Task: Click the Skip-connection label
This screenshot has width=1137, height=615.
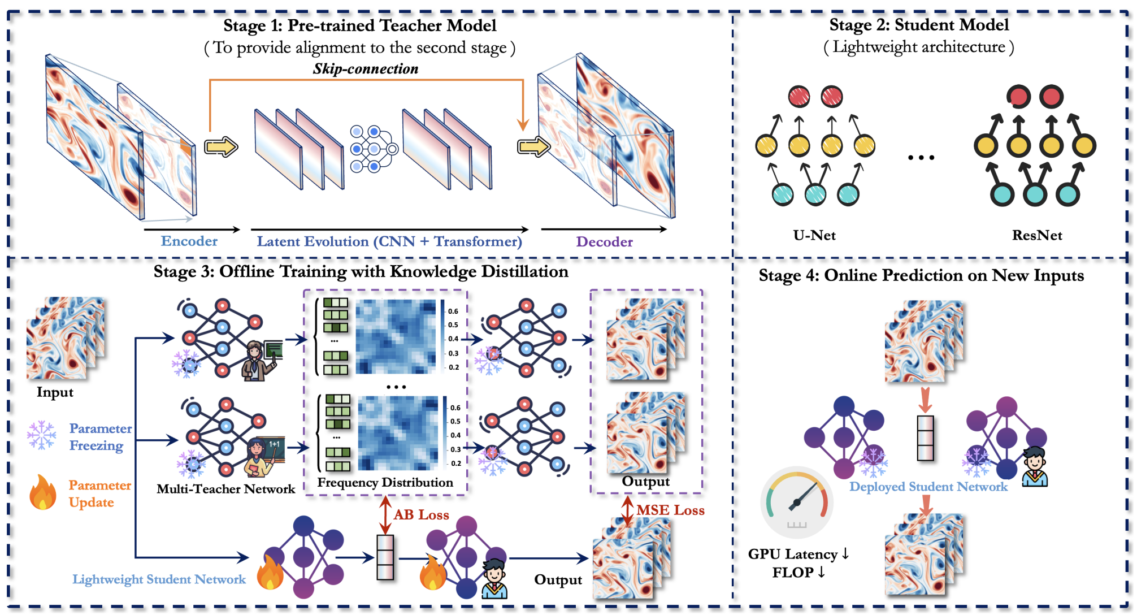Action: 366,69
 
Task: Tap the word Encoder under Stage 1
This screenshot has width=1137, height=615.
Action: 189,241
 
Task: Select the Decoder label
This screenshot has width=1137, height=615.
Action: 604,242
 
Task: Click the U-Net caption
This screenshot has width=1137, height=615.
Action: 814,235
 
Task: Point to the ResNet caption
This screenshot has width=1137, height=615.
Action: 1037,235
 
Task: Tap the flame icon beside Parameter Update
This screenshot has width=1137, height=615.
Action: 43,492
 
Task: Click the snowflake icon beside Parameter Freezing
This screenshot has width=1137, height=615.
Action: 42,435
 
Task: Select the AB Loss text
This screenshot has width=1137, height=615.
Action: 422,515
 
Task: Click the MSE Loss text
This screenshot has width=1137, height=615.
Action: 671,510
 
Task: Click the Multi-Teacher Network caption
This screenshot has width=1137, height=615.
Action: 226,489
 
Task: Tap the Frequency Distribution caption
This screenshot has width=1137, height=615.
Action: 385,483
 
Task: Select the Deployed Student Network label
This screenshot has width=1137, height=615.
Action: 928,487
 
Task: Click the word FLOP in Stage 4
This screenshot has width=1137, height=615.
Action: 793,573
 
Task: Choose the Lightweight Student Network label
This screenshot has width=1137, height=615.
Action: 159,579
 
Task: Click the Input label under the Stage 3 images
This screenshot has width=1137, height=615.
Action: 55,392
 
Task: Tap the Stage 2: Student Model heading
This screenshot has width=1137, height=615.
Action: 919,25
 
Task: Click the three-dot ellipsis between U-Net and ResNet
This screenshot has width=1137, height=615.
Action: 921,158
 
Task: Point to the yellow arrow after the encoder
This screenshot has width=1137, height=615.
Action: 221,147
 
